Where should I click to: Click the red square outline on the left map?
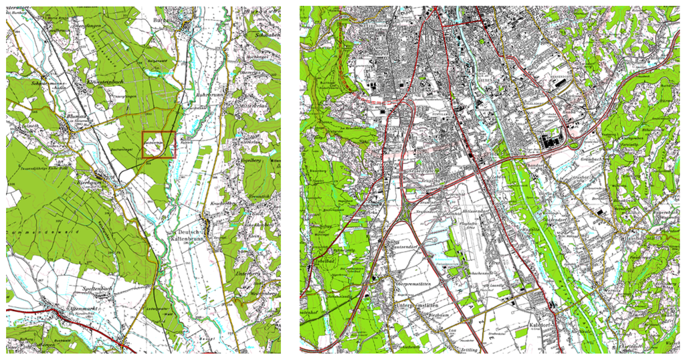(158, 145)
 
